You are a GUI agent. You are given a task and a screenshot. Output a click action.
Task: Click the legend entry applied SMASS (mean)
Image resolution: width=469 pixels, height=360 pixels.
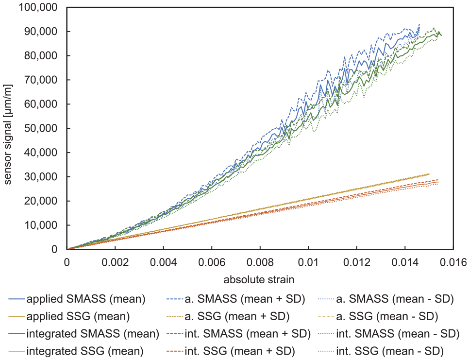pyautogui.click(x=77, y=299)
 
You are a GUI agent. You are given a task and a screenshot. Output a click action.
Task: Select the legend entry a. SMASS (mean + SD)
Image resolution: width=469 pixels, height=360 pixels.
pyautogui.click(x=235, y=299)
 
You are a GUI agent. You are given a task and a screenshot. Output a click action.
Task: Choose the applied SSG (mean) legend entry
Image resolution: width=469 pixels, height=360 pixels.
pyautogui.click(x=69, y=316)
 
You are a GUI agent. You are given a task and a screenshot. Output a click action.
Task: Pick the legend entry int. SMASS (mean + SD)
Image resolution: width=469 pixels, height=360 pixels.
pyautogui.click(x=238, y=334)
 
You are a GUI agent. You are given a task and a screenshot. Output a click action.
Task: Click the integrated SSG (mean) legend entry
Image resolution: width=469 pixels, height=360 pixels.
pyautogui.click(x=76, y=351)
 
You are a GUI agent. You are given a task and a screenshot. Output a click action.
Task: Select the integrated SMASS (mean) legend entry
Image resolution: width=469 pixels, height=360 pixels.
pyautogui.click(x=84, y=334)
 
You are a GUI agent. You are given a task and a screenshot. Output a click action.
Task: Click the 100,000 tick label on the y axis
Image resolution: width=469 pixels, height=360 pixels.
pyautogui.click(x=38, y=7)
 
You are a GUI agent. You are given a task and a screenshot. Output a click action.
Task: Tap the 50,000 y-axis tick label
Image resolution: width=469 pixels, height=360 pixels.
pyautogui.click(x=41, y=128)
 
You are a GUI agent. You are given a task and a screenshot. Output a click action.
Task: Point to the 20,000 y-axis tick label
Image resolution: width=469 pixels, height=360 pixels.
pyautogui.click(x=41, y=201)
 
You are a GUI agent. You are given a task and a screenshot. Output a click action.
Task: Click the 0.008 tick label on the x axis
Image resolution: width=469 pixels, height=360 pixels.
pyautogui.click(x=260, y=262)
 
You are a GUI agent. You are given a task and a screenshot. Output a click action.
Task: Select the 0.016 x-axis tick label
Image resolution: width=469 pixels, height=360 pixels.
pyautogui.click(x=453, y=262)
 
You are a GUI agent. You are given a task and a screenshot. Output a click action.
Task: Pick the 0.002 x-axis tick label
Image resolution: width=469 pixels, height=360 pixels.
pyautogui.click(x=115, y=262)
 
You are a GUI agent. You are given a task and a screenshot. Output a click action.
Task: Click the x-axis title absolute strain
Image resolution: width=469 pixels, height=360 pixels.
pyautogui.click(x=259, y=280)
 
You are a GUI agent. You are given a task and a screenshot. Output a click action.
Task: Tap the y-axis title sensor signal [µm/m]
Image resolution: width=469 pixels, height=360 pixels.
pyautogui.click(x=7, y=135)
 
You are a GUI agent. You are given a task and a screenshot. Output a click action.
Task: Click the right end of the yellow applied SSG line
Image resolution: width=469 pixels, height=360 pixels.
pyautogui.click(x=429, y=174)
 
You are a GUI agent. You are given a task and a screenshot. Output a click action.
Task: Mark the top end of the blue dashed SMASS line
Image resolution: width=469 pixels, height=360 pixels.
pyautogui.click(x=419, y=24)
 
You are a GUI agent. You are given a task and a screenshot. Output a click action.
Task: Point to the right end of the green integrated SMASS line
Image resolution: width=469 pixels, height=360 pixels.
pyautogui.click(x=441, y=35)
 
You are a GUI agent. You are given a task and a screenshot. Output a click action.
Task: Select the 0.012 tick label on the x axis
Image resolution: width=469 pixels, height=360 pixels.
pyautogui.click(x=356, y=262)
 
